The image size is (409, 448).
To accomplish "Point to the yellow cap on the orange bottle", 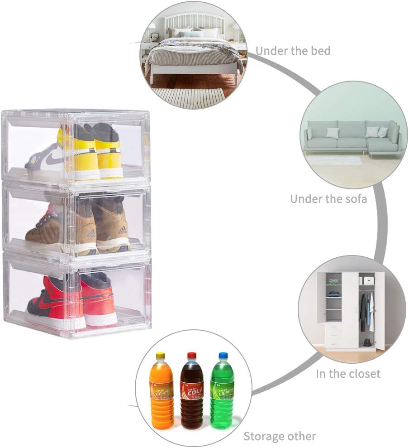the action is pos(160,356).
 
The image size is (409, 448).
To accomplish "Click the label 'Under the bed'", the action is pos(293,51).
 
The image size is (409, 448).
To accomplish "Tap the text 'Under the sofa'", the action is pos(328,198).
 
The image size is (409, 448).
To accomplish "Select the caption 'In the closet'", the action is pos(348,374).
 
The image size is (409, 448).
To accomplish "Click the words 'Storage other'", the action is pos(280,437).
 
